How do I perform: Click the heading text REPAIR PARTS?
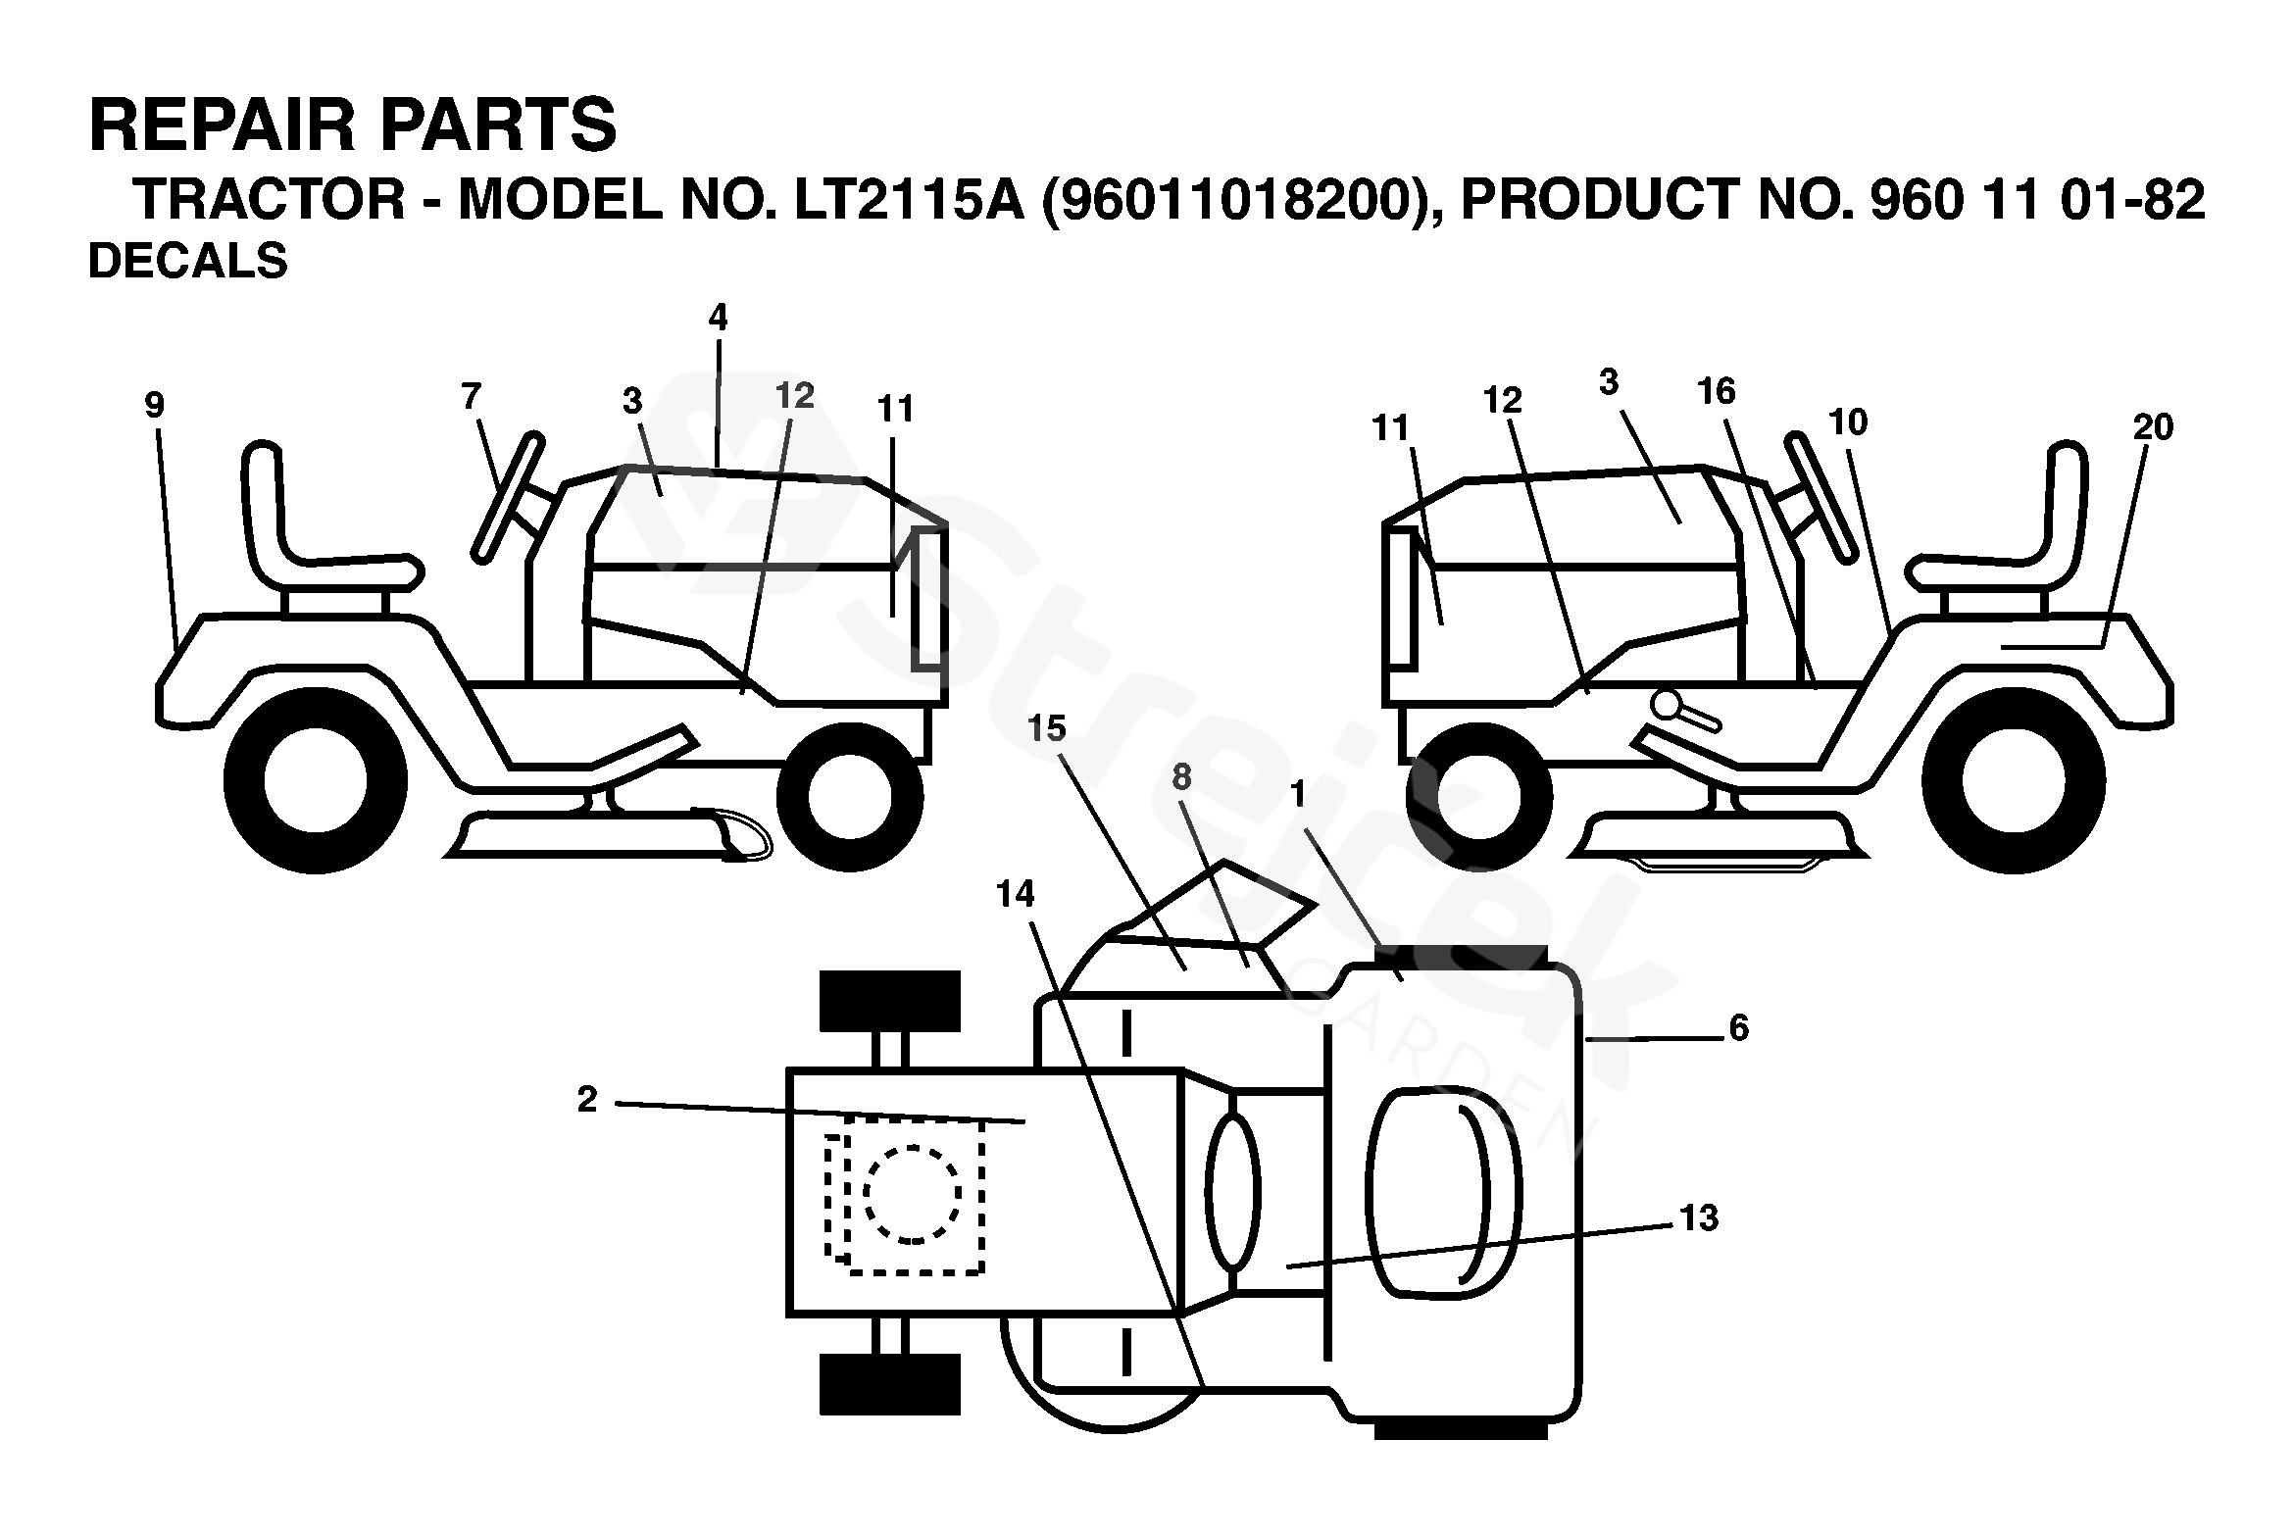(352, 124)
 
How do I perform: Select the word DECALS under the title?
(187, 261)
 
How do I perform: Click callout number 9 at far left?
(154, 405)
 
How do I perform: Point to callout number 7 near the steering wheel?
(472, 396)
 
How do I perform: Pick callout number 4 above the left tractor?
(718, 317)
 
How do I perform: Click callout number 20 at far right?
(2153, 427)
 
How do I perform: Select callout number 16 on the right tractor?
(1716, 392)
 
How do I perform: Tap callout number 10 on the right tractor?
(1847, 422)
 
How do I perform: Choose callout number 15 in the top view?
(1046, 728)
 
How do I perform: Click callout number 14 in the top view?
(1015, 893)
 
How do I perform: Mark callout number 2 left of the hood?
(587, 1099)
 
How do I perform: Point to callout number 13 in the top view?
(1699, 1218)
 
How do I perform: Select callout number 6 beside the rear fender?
(1738, 1027)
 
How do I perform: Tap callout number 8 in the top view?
(1181, 776)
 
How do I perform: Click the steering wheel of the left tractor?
(508, 498)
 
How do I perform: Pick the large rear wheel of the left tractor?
(315, 781)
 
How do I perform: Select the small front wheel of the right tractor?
(1478, 795)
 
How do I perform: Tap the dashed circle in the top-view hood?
(912, 1194)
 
